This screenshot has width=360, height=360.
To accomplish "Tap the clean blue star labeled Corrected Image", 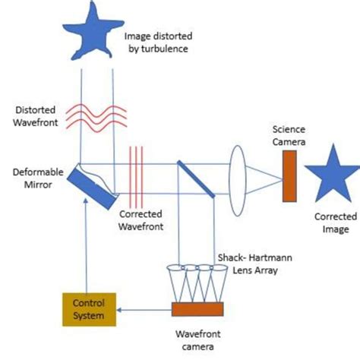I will [331, 173].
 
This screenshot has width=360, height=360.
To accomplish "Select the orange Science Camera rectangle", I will [290, 176].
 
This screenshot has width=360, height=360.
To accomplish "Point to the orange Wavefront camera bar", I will [199, 309].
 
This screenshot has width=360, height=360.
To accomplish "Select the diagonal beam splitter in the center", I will [196, 177].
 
